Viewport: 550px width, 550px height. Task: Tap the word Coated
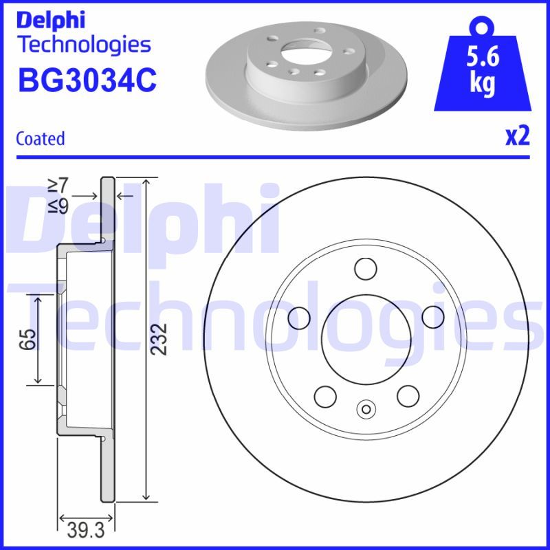point(40,138)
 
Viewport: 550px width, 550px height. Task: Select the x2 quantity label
point(518,137)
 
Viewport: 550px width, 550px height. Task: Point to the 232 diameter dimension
point(158,339)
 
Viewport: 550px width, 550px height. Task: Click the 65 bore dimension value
point(26,339)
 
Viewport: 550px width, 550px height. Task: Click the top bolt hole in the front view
point(365,267)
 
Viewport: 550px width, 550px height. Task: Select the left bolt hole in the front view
point(298,317)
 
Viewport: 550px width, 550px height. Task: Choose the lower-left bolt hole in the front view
point(324,395)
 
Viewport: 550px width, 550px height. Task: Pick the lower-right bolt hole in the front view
point(407,395)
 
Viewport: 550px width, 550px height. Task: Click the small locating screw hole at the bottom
point(365,410)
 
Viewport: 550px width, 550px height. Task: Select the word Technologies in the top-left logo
point(83,45)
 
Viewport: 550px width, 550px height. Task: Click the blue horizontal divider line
point(275,157)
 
